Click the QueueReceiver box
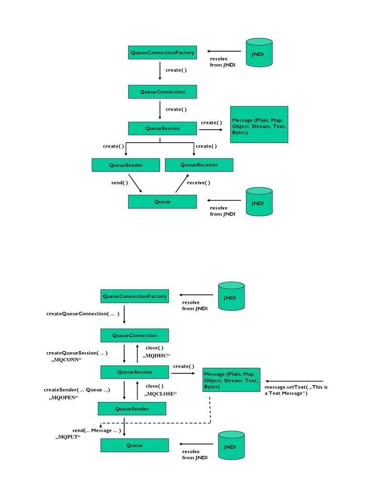[199, 165]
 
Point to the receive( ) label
[198, 183]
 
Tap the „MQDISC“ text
[157, 356]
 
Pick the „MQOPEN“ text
[63, 398]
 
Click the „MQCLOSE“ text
[161, 394]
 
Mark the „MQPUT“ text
[68, 437]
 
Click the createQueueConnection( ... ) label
[82, 314]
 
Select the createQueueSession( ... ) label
[77, 353]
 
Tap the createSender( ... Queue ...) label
[77, 390]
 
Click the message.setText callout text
[296, 390]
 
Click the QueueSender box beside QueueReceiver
[126, 166]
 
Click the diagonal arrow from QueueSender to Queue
[135, 183]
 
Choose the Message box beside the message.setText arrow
[231, 380]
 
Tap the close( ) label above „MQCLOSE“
[154, 386]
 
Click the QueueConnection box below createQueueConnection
[134, 335]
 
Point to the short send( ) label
[119, 183]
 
